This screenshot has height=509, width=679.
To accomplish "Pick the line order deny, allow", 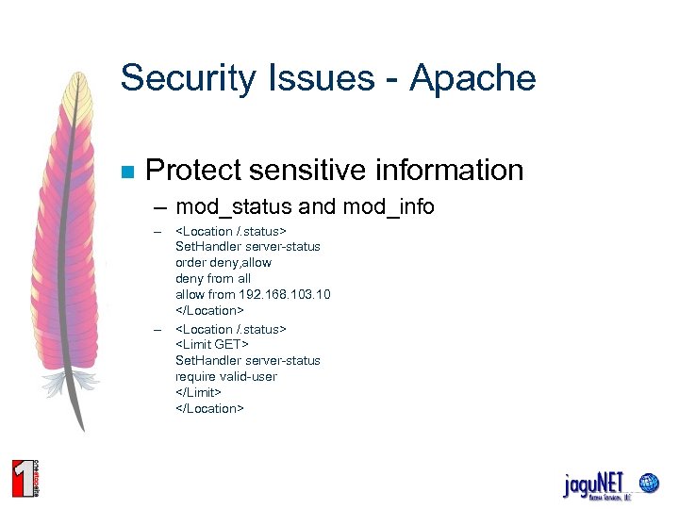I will point(223,262).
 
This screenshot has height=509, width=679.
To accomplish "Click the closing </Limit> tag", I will point(198,392).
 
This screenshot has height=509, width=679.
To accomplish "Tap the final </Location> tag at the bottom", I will point(209,408).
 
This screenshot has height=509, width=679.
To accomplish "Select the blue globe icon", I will point(648,483).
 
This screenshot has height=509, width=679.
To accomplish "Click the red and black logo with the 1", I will point(25,477).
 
